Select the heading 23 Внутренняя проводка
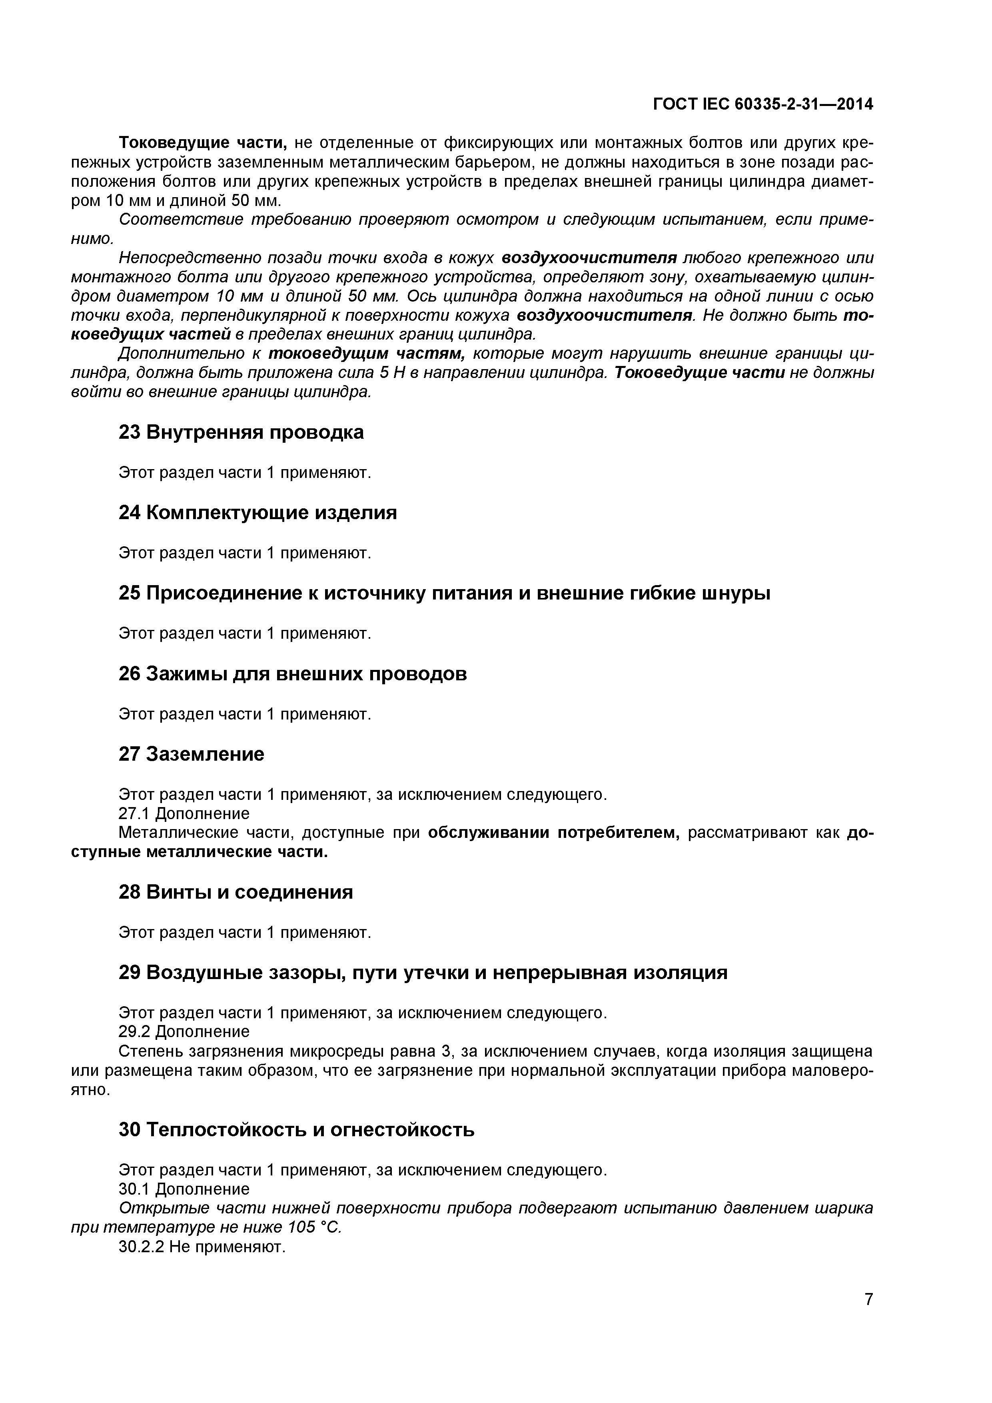241,432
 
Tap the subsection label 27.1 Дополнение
184,813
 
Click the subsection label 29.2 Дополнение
184,1031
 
